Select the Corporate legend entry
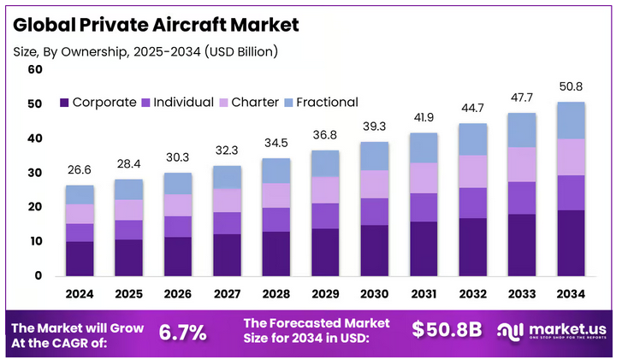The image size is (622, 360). point(98,103)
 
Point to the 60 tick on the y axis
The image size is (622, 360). point(35,69)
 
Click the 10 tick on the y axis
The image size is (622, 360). point(35,242)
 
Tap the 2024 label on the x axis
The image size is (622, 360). point(80,293)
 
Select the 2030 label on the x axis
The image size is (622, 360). point(374,293)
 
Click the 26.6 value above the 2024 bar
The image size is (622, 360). point(80,170)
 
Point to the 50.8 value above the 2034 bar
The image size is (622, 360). point(571,86)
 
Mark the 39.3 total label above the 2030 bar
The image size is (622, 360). point(374,127)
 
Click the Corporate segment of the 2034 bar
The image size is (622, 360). point(571,243)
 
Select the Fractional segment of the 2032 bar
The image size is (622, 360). point(472,139)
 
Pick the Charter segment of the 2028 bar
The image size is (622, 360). point(275,195)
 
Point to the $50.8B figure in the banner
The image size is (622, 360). point(447,330)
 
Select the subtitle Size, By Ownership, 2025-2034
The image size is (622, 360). point(145,52)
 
